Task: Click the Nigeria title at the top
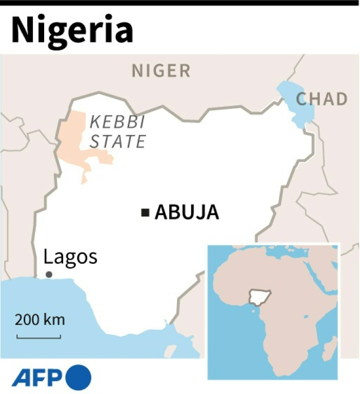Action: (72, 31)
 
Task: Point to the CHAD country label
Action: (322, 100)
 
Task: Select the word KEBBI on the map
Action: (117, 122)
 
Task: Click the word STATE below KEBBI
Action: (117, 140)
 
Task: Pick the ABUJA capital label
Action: (187, 212)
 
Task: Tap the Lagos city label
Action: (70, 257)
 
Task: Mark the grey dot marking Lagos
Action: (49, 274)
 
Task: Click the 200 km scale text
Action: (39, 320)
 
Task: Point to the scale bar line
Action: (39, 337)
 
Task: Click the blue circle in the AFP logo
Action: (78, 377)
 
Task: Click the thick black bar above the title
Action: (180, 3)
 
